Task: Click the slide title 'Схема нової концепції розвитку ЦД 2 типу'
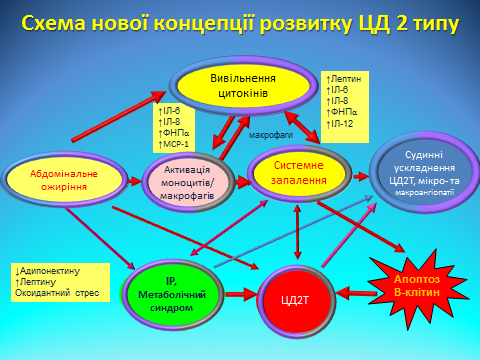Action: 240,21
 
